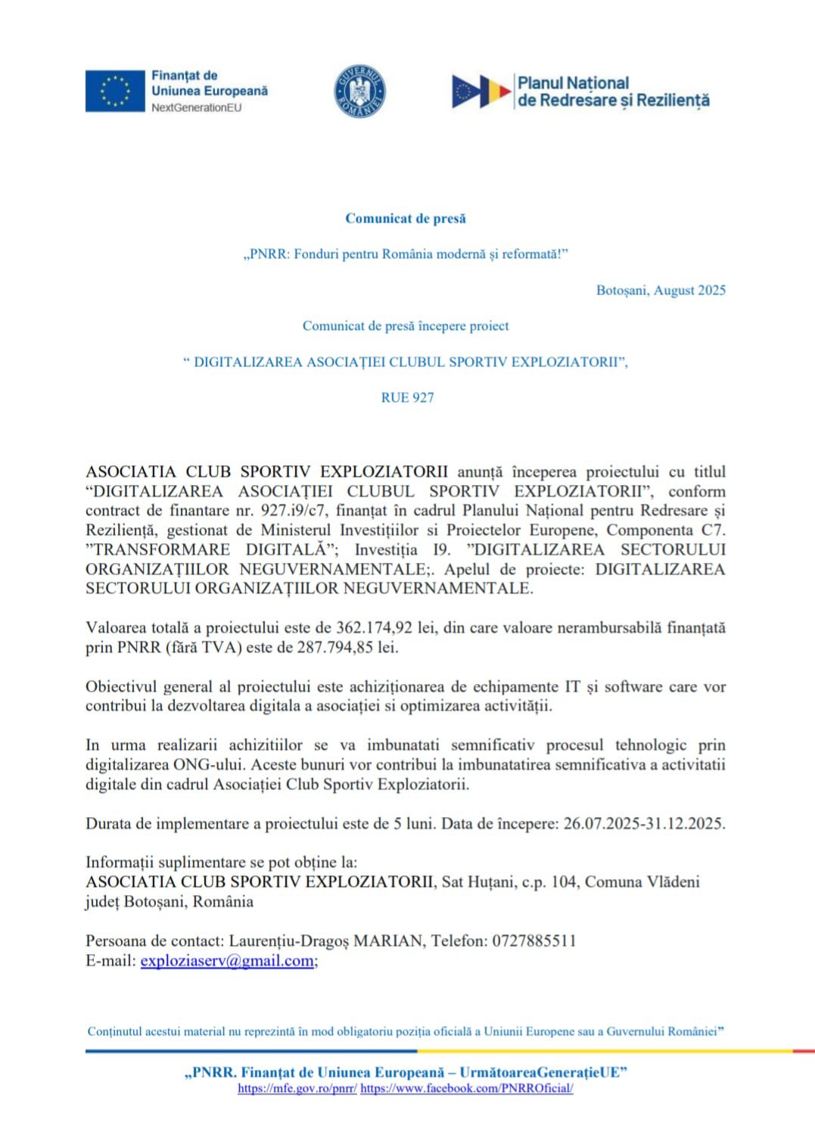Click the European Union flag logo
click(x=114, y=92)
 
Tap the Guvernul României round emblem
click(x=360, y=92)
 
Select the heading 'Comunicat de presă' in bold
click(x=406, y=219)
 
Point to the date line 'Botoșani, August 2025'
click(x=661, y=291)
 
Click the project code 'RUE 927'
click(x=407, y=398)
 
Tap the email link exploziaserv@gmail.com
click(x=227, y=961)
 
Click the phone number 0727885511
click(x=534, y=941)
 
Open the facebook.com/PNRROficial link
click(x=467, y=1089)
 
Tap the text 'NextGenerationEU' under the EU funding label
click(x=196, y=108)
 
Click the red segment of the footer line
click(x=803, y=1051)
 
